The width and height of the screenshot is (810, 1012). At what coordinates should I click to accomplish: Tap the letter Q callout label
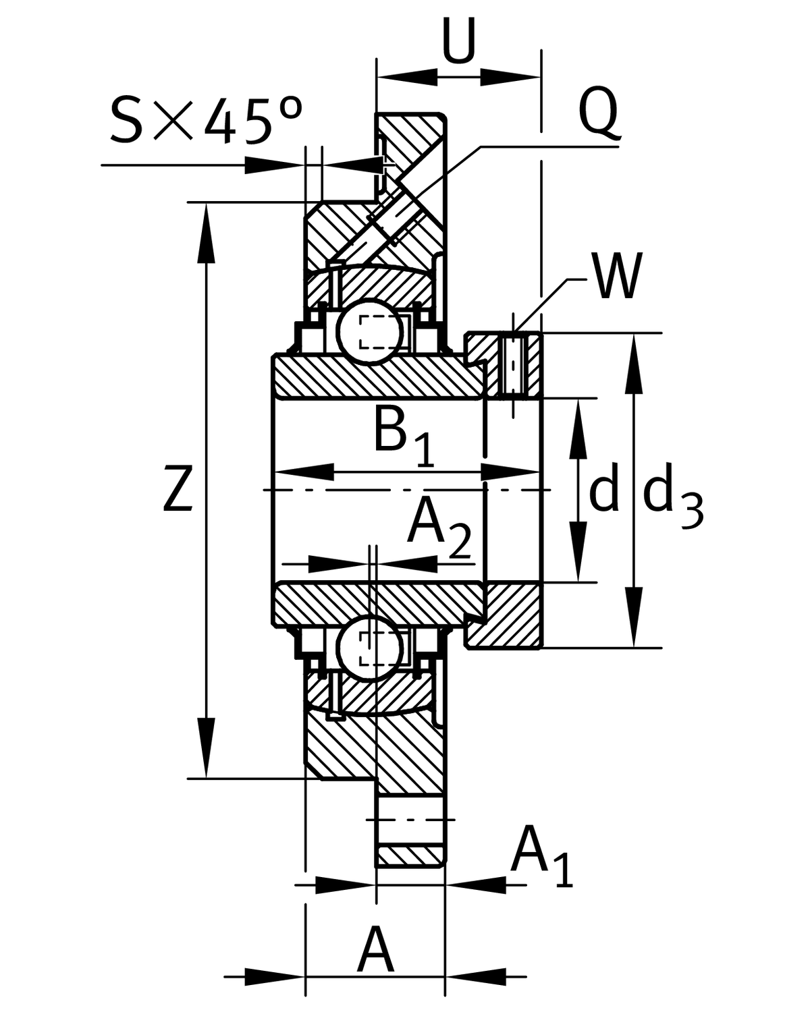599,111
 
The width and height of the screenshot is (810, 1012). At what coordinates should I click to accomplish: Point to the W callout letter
616,277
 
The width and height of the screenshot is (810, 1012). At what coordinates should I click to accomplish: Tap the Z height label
179,488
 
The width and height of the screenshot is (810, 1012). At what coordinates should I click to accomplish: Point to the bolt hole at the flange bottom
410,820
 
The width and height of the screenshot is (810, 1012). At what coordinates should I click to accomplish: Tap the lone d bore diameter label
604,490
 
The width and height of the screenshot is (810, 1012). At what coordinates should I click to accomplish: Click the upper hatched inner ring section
378,378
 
